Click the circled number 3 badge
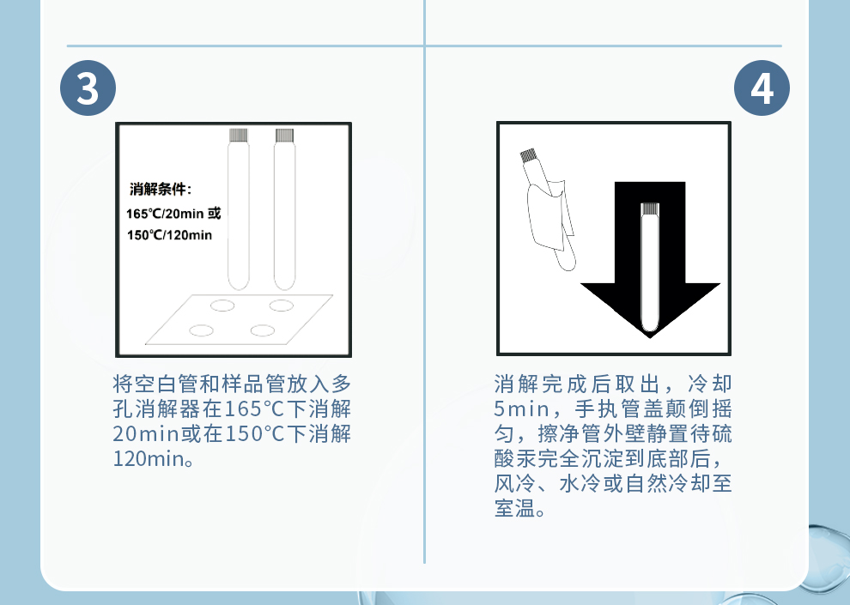(88, 88)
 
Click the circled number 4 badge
(762, 88)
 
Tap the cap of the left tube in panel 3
(238, 135)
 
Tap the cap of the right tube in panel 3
(284, 135)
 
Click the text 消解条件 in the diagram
(158, 189)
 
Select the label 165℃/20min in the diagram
(166, 214)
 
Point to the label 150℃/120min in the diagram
(169, 235)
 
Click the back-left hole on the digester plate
(222, 306)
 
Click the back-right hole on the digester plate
(282, 306)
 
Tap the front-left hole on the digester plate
(201, 330)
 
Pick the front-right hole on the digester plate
(263, 330)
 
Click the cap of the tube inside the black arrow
(649, 209)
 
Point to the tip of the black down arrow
(649, 338)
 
